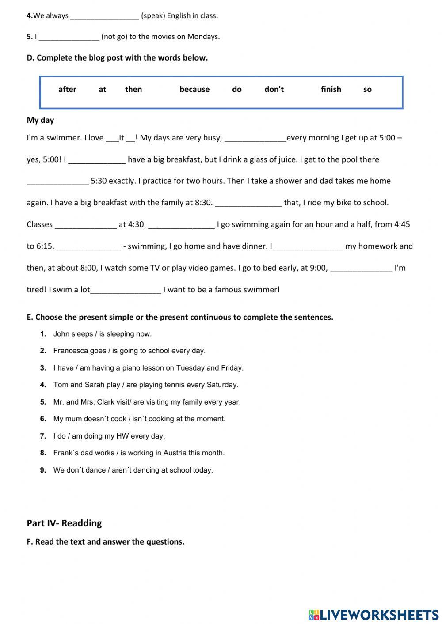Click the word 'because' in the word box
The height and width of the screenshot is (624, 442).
coord(194,89)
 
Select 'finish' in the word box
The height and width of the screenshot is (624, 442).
coord(331,89)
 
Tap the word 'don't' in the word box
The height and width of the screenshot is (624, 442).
coord(274,89)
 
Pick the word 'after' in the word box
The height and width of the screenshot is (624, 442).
coord(67,89)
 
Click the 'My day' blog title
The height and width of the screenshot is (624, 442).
coord(40,120)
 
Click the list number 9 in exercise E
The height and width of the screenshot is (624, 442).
coord(43,470)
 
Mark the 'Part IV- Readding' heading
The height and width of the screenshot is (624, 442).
coord(64,523)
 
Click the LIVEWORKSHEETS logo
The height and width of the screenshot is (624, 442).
coord(373,614)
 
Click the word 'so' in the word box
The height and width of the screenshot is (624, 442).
coord(367,90)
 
